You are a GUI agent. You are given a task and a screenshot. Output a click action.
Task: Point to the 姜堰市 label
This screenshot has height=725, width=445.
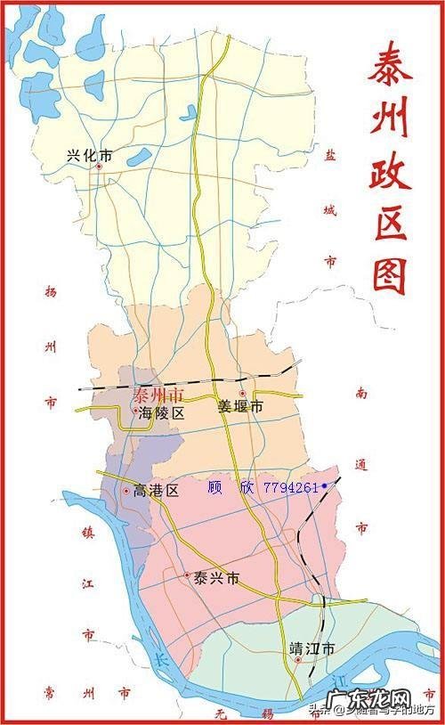coord(241,406)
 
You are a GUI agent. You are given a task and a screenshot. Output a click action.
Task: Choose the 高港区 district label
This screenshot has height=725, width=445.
coord(157,490)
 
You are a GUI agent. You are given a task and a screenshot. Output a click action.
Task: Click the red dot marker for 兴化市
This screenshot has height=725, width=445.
coord(99,167)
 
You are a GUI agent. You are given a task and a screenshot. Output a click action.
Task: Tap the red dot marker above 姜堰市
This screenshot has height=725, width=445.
coord(242,393)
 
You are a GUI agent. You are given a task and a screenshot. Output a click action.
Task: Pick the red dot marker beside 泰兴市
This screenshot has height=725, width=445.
coord(188,575)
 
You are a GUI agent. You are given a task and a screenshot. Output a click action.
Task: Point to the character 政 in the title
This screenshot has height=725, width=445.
coord(390,171)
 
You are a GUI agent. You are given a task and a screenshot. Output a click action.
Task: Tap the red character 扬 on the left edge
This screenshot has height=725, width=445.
coord(50,291)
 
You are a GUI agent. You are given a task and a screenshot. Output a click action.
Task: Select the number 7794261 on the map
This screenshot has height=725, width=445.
coord(290,487)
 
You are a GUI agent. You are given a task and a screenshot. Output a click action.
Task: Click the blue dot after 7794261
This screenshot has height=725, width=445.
coord(325,485)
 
